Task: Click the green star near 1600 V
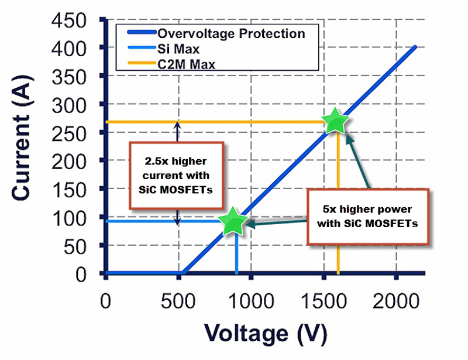[335, 122]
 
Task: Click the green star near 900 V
[236, 221]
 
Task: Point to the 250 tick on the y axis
[78, 133]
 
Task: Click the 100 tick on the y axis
[78, 218]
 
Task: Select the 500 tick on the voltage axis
[178, 303]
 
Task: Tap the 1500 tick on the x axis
[323, 303]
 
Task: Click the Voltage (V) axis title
[266, 334]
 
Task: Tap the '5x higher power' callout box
[370, 215]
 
